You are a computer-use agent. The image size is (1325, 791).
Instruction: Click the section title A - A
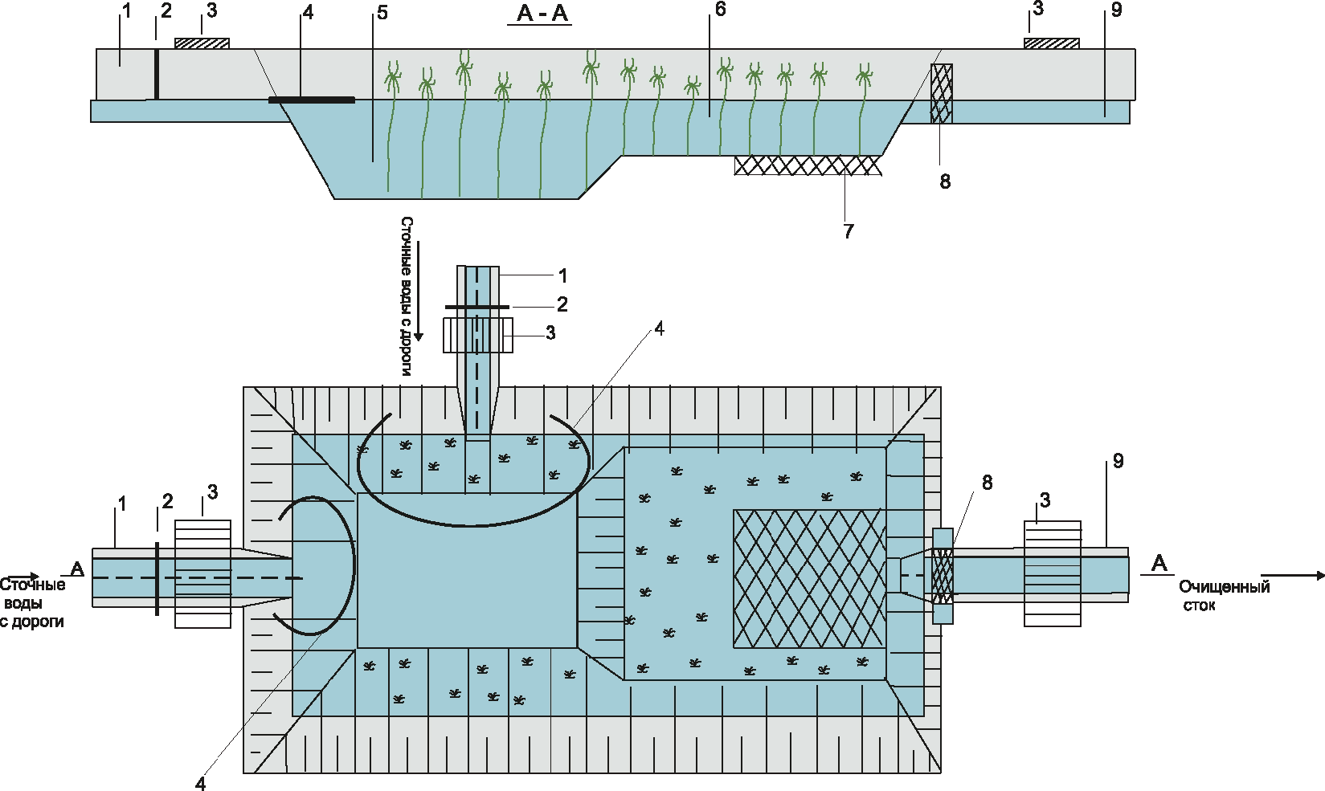pyautogui.click(x=542, y=14)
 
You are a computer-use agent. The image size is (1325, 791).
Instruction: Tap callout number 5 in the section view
pyautogui.click(x=382, y=13)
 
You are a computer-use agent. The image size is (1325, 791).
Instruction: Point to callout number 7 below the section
pyautogui.click(x=849, y=231)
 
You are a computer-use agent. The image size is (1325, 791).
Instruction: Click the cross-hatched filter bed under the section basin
pyautogui.click(x=808, y=165)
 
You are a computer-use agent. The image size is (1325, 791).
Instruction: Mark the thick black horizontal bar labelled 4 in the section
pyautogui.click(x=312, y=100)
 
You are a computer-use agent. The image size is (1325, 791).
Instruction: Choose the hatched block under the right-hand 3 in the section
pyautogui.click(x=1051, y=43)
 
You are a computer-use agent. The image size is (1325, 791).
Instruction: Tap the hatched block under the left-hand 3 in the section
pyautogui.click(x=202, y=43)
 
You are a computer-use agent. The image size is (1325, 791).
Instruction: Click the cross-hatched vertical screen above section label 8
pyautogui.click(x=941, y=93)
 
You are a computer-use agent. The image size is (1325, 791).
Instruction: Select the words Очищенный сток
pyautogui.click(x=1224, y=596)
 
